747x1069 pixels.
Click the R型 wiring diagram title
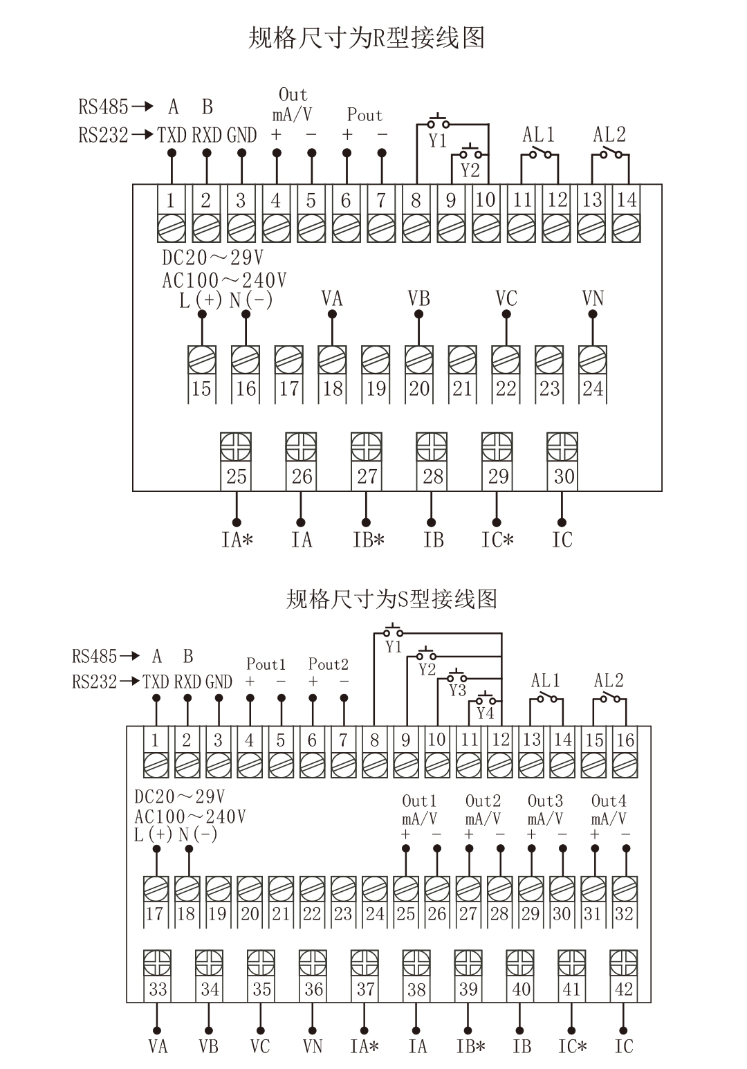[366, 38]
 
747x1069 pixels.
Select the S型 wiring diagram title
[391, 599]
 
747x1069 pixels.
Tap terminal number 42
[623, 989]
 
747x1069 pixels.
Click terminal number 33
[158, 989]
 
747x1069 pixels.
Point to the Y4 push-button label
[486, 712]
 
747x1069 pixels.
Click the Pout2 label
[328, 664]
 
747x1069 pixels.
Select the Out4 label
[609, 801]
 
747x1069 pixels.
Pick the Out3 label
[545, 801]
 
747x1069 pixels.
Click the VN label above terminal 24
[593, 298]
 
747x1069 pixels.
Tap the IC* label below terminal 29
[497, 540]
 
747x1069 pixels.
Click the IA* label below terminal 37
[365, 1046]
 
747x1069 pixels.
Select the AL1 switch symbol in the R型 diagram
[539, 154]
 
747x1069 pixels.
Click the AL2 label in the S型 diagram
[609, 681]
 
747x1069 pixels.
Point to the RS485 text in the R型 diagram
[103, 107]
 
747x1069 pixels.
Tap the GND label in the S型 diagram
[219, 682]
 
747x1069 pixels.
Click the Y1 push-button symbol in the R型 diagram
[438, 123]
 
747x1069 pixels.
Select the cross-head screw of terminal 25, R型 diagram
[236, 446]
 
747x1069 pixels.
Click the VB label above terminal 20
[418, 298]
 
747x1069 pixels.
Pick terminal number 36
[313, 989]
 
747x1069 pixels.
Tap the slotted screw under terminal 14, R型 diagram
[626, 228]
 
